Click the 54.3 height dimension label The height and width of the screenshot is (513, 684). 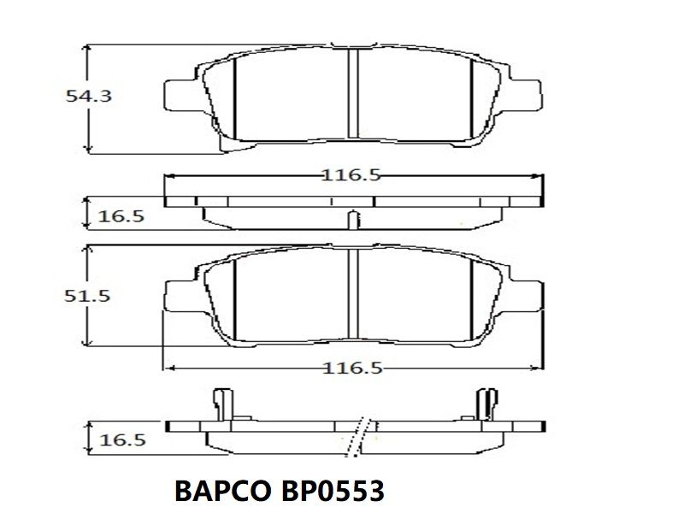click(89, 96)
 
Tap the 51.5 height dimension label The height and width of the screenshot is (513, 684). click(87, 296)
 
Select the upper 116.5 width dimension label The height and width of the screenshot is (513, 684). click(351, 175)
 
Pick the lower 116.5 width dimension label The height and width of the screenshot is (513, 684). click(352, 369)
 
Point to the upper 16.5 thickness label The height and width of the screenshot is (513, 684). click(121, 216)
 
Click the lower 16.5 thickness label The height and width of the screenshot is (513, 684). click(122, 440)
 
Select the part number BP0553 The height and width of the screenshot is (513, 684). click(333, 491)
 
